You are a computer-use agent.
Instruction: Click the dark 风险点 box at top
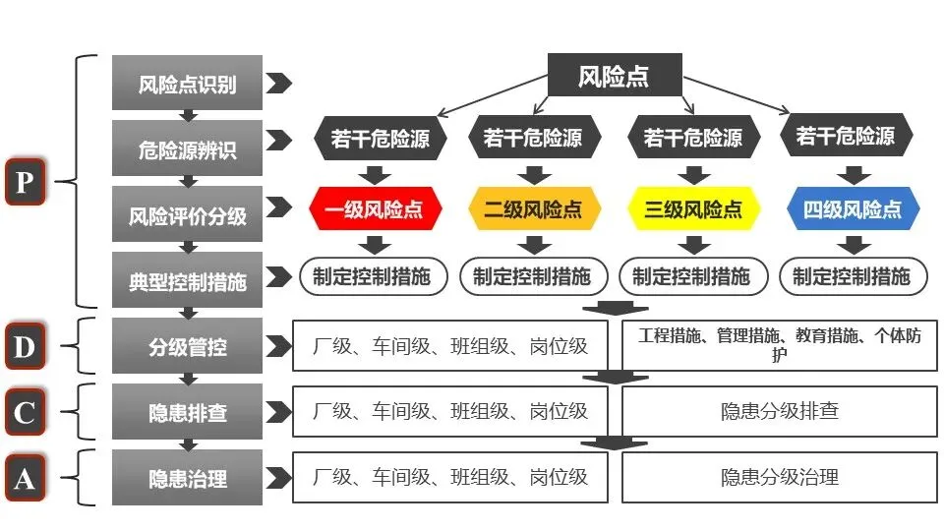click(x=614, y=76)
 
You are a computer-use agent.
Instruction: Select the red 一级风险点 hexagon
click(x=376, y=209)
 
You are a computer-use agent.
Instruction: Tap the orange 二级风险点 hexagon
click(x=532, y=209)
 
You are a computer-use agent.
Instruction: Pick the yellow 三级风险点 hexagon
click(x=693, y=209)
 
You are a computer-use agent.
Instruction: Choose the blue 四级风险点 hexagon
click(x=852, y=209)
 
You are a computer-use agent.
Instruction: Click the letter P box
click(x=25, y=182)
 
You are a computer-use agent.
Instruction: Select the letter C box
click(x=25, y=412)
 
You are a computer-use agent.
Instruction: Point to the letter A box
click(x=25, y=479)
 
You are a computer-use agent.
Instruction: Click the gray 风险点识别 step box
click(x=187, y=84)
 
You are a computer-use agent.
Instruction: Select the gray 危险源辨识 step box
click(x=187, y=149)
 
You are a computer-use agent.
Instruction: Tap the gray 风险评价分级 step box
click(x=187, y=214)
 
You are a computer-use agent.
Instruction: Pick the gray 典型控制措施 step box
click(x=187, y=281)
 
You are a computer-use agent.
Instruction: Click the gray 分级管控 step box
click(x=187, y=346)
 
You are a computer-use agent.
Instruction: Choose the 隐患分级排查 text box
click(x=779, y=412)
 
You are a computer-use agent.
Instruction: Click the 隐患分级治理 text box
click(x=779, y=479)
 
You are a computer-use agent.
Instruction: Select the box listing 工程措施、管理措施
click(x=779, y=345)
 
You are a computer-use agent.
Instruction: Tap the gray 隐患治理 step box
click(x=187, y=479)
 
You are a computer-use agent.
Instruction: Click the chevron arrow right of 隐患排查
click(x=279, y=412)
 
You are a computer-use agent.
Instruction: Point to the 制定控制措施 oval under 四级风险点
click(x=852, y=277)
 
